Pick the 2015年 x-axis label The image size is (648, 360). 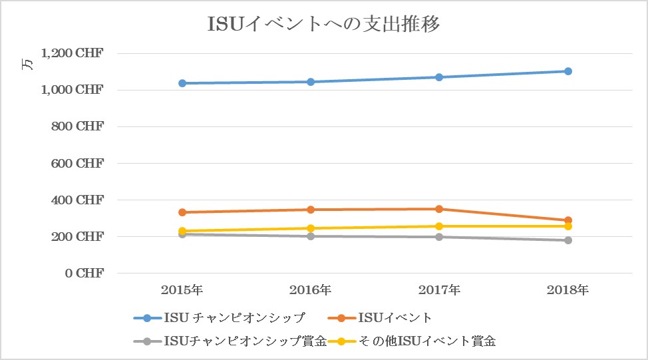click(x=182, y=290)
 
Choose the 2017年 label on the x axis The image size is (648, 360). click(x=439, y=290)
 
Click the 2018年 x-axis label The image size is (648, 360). click(x=568, y=290)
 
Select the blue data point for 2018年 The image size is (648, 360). click(x=568, y=71)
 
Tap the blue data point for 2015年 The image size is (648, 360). click(x=182, y=83)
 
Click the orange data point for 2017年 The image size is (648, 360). click(x=439, y=209)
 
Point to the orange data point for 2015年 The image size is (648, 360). click(x=182, y=212)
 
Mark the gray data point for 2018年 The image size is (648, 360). click(x=568, y=240)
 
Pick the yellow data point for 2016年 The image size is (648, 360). click(x=311, y=228)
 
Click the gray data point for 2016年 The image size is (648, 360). click(x=311, y=236)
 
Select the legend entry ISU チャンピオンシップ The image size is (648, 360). click(x=220, y=317)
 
